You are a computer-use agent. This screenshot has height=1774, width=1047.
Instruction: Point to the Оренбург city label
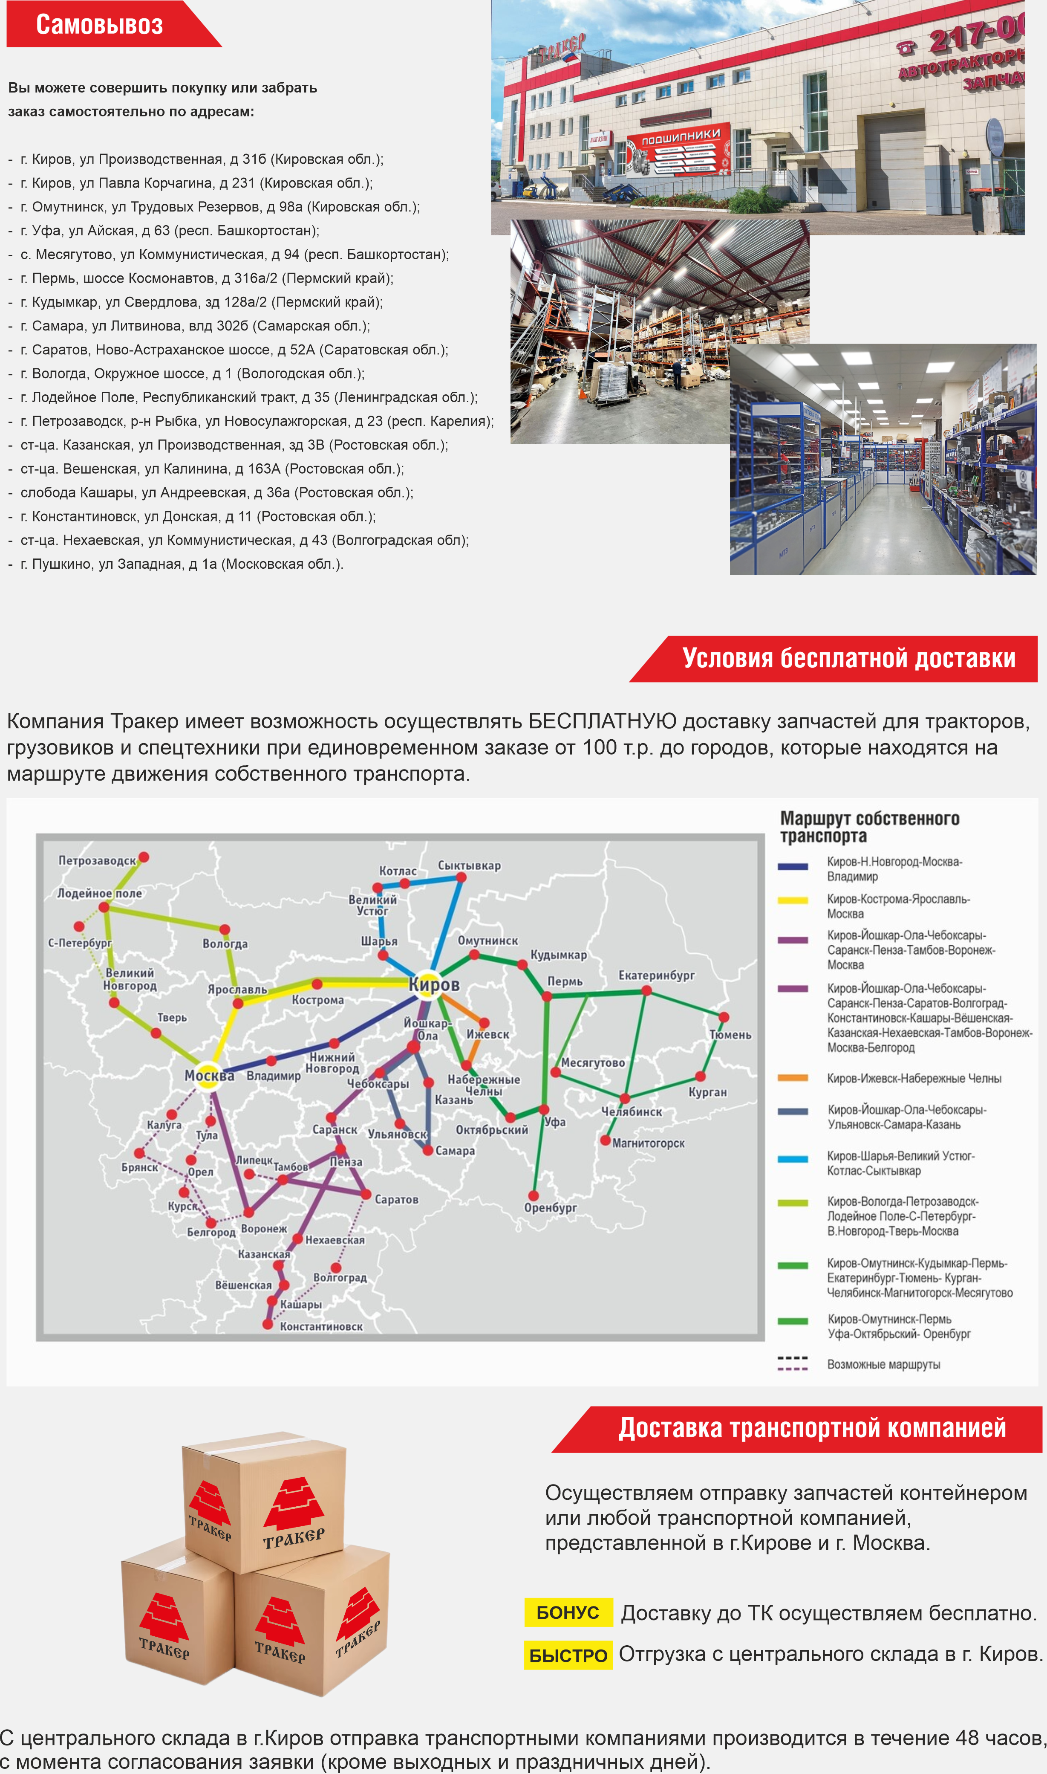coord(550,1207)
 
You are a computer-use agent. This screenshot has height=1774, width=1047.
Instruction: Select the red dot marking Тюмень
coord(723,1017)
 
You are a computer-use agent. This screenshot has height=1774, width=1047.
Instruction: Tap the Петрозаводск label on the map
coord(97,861)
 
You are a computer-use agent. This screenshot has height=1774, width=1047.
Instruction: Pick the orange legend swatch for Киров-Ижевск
coord(792,1077)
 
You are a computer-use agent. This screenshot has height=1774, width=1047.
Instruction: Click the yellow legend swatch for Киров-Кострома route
coord(792,900)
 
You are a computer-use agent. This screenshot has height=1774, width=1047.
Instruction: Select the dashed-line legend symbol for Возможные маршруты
coord(792,1363)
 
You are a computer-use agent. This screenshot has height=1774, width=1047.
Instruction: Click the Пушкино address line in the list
coord(182,564)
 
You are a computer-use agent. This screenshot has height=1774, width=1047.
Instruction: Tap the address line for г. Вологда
coord(192,373)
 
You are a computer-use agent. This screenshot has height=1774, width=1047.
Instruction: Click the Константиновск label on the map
coord(321,1327)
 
